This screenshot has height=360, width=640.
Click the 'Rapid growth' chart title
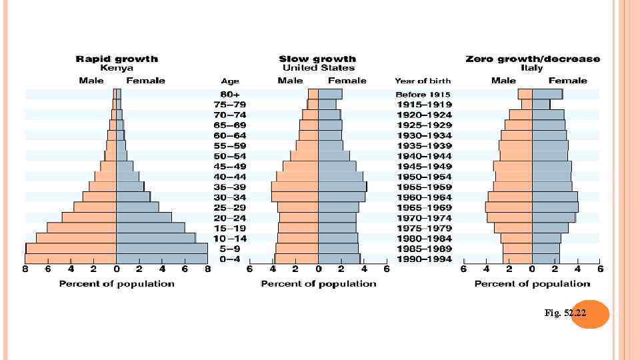(117, 59)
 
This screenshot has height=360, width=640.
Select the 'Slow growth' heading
(317, 59)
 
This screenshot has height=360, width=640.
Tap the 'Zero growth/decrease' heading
(533, 59)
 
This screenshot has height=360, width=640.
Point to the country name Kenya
(117, 68)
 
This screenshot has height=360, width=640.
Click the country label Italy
(532, 68)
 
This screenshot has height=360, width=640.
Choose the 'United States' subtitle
(318, 68)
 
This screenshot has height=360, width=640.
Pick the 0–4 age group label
(229, 259)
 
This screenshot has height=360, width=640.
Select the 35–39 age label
(229, 187)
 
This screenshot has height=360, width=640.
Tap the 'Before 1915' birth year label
(423, 95)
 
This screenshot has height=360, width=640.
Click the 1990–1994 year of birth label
(424, 259)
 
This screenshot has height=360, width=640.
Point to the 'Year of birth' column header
(423, 81)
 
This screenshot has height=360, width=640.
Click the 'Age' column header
(230, 81)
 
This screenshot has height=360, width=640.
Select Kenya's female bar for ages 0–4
(161, 259)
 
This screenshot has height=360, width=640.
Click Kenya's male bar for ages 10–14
(76, 238)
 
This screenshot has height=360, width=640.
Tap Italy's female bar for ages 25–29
(555, 207)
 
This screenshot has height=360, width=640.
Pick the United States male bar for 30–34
(295, 197)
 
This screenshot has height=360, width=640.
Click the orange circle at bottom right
(590, 313)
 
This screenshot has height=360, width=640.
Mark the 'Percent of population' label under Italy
(532, 284)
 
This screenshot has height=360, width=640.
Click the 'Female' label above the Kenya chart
(145, 81)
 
